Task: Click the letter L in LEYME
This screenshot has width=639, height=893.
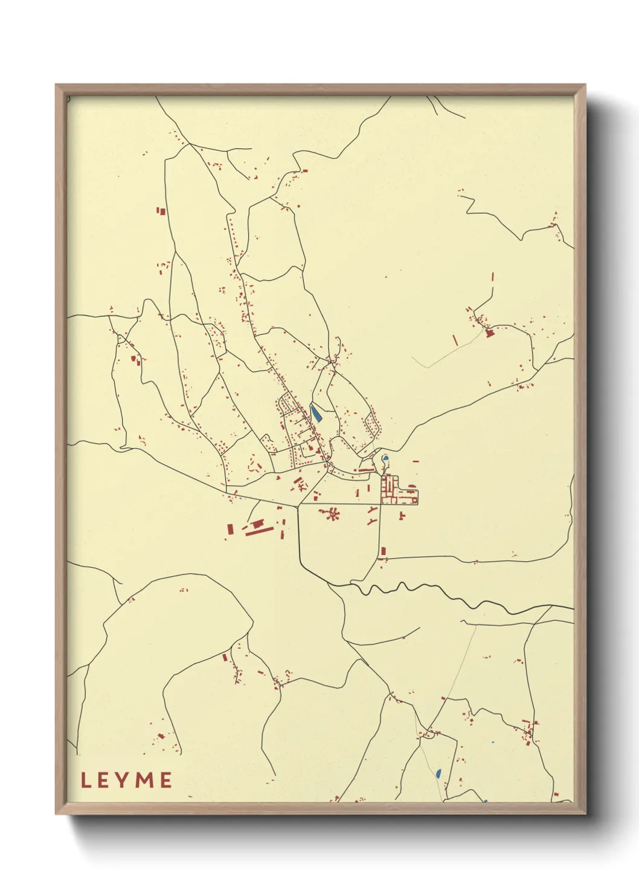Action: (86, 780)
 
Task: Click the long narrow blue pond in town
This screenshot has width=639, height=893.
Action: (315, 413)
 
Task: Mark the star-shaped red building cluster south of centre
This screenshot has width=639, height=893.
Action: (332, 514)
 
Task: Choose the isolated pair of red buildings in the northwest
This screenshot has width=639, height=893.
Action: (161, 211)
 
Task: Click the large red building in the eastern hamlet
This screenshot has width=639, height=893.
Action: (490, 332)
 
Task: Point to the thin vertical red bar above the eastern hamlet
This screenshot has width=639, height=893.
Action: (493, 277)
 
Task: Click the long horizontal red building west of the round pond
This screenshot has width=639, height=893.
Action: (366, 469)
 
